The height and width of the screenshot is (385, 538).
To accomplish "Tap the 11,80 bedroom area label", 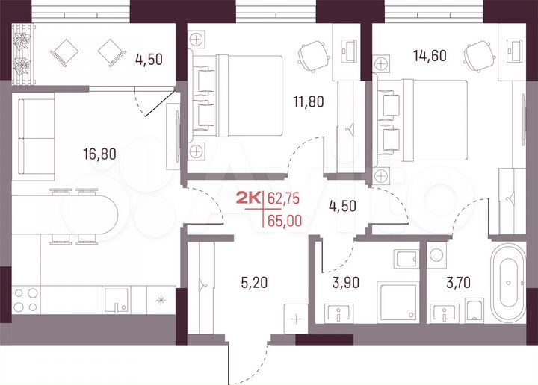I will coord(307,101).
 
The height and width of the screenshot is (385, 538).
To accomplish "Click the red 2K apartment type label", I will coord(249,198).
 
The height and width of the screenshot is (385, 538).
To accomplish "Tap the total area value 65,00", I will coord(285,221).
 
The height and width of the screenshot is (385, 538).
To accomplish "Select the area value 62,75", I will coord(285,198).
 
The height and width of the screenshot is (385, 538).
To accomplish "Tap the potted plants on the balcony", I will coord(25,51).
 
